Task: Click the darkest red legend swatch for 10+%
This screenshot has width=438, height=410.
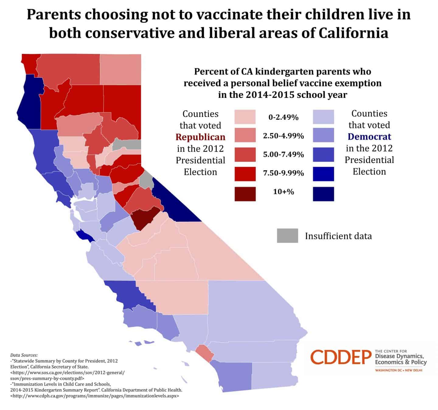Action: (x=245, y=194)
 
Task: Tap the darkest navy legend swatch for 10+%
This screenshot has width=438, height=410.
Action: (x=323, y=194)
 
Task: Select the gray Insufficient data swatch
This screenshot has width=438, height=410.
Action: (x=287, y=235)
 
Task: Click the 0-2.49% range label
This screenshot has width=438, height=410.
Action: (x=283, y=117)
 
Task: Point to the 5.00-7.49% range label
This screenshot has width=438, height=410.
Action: (x=283, y=154)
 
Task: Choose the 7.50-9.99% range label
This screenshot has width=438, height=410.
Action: (x=283, y=173)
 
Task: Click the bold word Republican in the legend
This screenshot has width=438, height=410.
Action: (x=200, y=137)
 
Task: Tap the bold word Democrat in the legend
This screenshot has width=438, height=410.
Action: (x=369, y=136)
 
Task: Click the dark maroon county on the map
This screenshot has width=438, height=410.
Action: (x=145, y=217)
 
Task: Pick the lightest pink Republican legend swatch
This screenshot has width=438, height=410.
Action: (x=245, y=117)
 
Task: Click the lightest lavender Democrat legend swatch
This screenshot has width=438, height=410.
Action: (x=323, y=117)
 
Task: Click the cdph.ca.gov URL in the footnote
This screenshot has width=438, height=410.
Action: (x=95, y=396)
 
